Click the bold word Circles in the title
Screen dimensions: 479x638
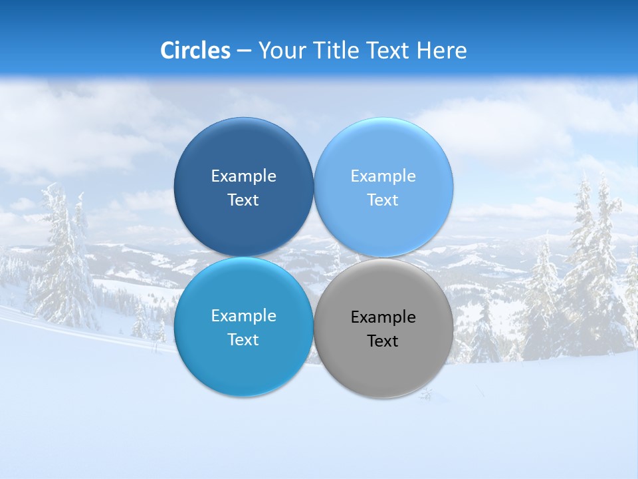pos(195,51)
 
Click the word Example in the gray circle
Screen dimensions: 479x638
pos(383,317)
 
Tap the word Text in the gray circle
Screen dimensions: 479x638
pos(383,341)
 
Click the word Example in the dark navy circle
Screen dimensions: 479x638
pos(243,176)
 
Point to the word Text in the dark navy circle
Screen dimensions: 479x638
pos(243,200)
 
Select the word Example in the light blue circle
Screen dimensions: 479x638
pos(383,176)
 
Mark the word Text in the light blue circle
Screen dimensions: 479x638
pos(383,200)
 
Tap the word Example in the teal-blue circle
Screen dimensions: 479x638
pos(243,316)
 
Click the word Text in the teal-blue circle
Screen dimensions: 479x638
pos(243,340)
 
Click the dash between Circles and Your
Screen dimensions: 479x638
pos(244,51)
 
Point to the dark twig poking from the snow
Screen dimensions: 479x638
pos(425,395)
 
